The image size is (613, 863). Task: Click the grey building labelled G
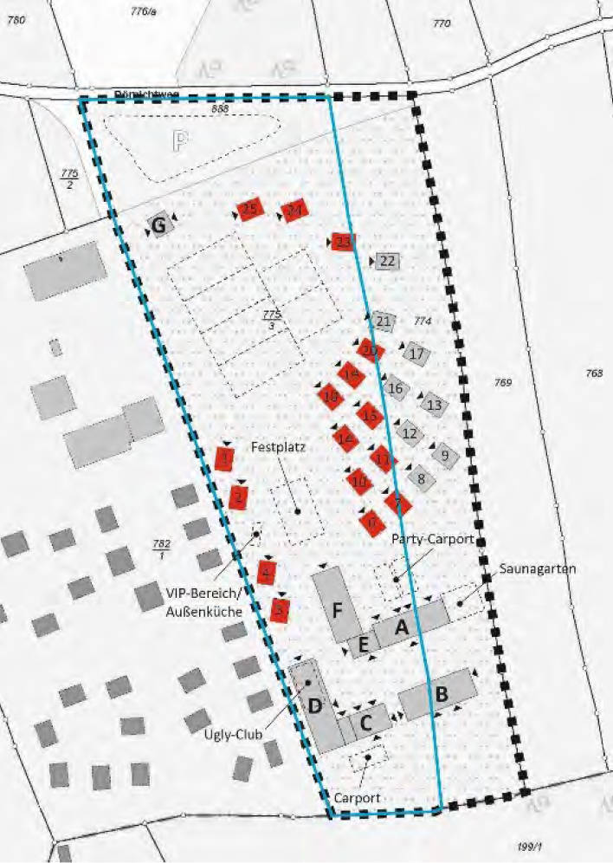click(x=159, y=225)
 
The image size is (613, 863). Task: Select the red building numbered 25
click(x=249, y=209)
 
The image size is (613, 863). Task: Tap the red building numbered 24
click(x=295, y=211)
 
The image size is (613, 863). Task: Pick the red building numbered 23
click(x=343, y=242)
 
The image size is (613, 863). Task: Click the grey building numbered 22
click(x=387, y=261)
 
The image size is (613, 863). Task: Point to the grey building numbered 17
click(x=416, y=354)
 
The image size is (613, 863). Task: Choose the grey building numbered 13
click(x=434, y=405)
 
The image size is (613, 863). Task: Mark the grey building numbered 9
click(x=444, y=454)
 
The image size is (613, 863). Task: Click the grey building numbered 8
click(x=421, y=477)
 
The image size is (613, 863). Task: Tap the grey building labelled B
click(x=439, y=693)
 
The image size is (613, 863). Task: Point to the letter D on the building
click(x=315, y=706)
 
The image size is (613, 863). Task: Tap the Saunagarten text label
click(x=537, y=569)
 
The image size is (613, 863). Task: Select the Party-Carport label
click(x=433, y=539)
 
